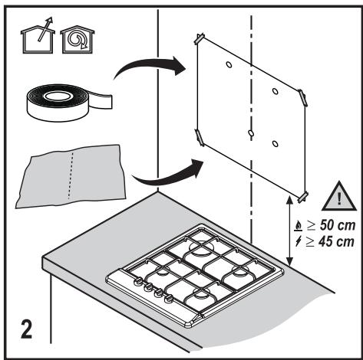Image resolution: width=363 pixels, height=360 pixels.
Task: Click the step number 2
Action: [x=27, y=329]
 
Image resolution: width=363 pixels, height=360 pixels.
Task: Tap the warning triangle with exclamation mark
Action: [x=339, y=198]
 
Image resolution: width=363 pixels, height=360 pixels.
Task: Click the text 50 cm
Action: [x=338, y=225]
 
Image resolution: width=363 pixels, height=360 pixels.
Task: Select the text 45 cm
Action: [x=336, y=241]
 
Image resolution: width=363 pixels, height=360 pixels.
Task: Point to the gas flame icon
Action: [x=298, y=225]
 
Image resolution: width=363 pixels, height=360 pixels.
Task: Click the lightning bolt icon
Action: [x=298, y=241]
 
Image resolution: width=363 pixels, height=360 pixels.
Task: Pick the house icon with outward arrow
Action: [x=38, y=36]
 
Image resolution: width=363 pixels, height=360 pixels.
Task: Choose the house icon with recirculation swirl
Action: [x=78, y=40]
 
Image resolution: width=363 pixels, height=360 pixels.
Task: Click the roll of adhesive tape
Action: [x=69, y=102]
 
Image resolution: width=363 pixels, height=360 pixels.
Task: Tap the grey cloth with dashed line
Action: [x=71, y=176]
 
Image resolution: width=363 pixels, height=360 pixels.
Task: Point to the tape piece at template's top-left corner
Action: [x=200, y=38]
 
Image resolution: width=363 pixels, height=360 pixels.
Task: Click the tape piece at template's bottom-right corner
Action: [x=302, y=197]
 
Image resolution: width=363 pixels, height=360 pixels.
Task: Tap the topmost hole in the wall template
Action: [x=229, y=64]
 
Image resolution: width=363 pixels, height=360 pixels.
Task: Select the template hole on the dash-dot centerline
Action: [x=251, y=133]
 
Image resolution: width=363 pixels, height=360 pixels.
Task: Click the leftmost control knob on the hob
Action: [x=138, y=282]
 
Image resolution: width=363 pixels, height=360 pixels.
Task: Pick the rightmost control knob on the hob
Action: [x=168, y=298]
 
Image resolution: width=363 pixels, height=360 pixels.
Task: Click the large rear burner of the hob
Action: [x=201, y=247]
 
